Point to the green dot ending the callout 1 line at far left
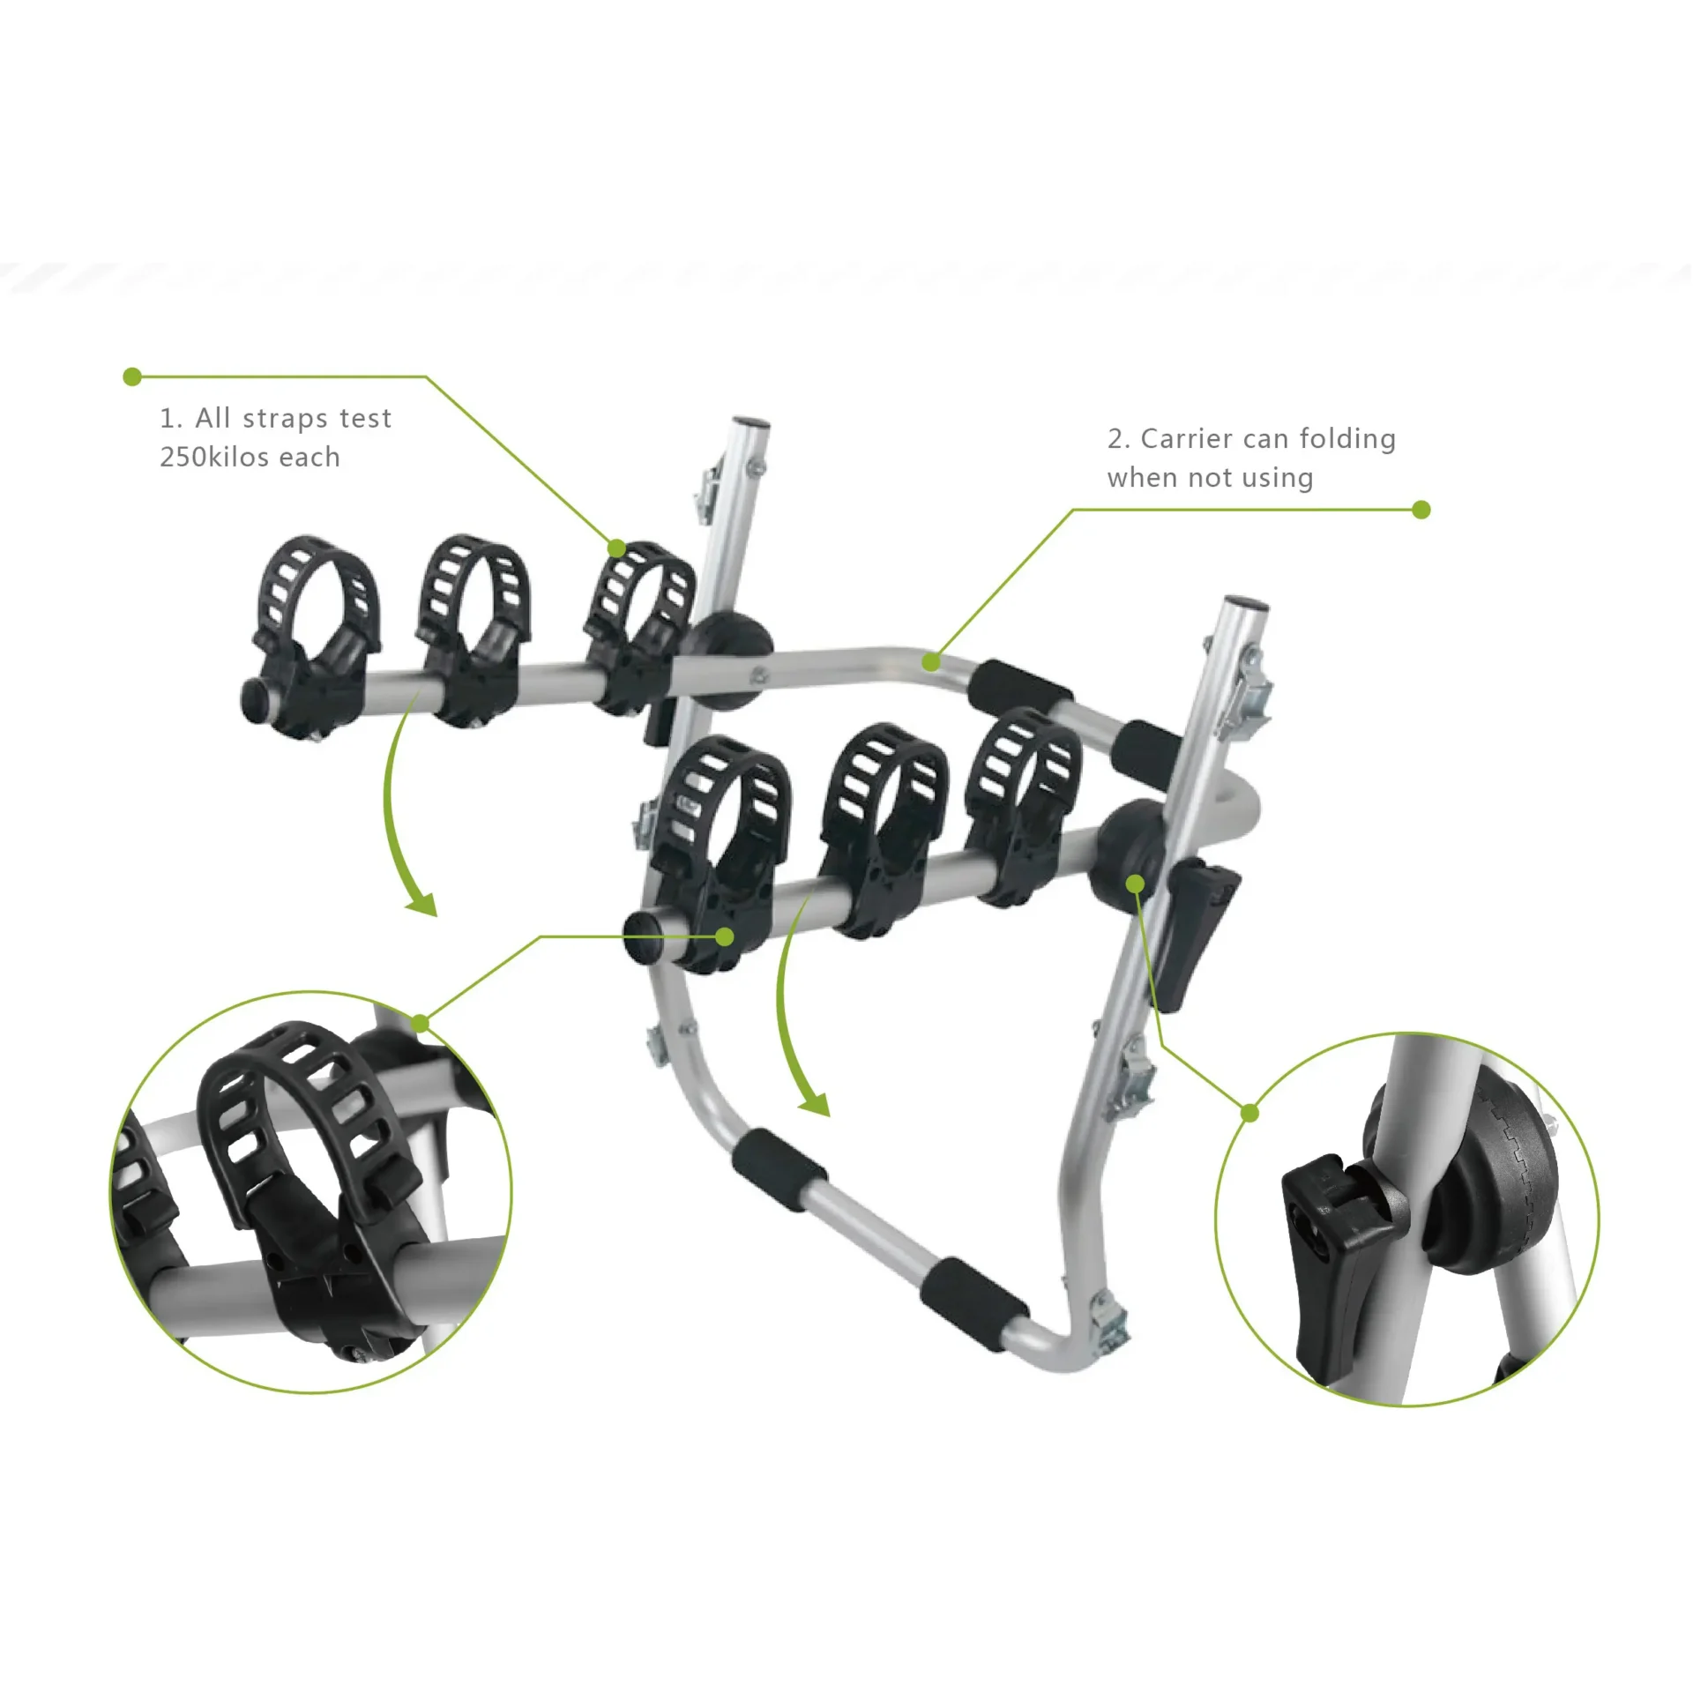pyautogui.click(x=132, y=377)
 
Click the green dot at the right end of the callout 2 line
pyautogui.click(x=1421, y=510)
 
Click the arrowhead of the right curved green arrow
pyautogui.click(x=816, y=1104)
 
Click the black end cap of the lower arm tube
pyautogui.click(x=644, y=938)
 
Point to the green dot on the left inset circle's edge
pyautogui.click(x=421, y=1024)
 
